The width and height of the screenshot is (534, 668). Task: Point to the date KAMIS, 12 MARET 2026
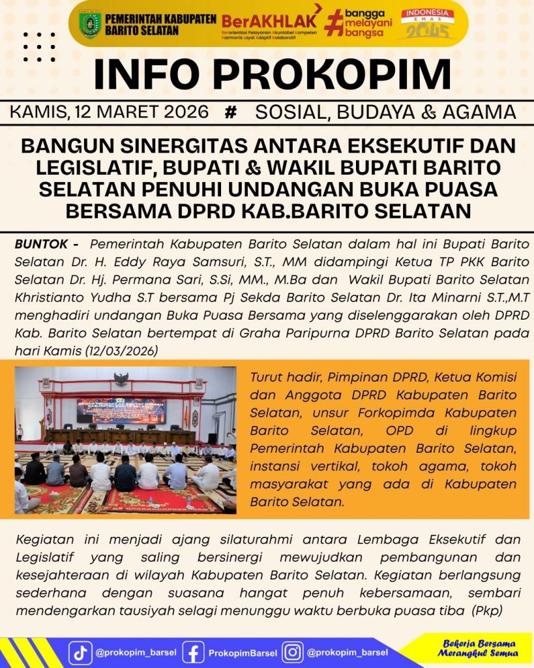click(110, 112)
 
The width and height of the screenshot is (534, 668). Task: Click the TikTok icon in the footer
click(81, 653)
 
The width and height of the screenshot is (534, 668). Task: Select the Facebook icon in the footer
click(193, 653)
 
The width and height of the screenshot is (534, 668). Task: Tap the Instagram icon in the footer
click(293, 653)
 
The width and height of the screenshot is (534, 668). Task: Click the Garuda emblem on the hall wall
click(121, 379)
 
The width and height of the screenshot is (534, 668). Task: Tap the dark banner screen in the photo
click(121, 411)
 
